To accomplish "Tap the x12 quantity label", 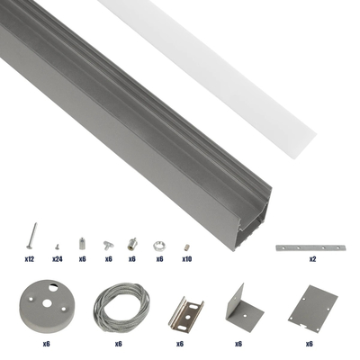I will [30, 258].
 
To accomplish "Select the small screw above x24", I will [57, 244].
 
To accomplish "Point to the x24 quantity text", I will [57, 258].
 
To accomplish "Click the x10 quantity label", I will [186, 258].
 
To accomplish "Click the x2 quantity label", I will [312, 258].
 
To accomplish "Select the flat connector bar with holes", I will [311, 246].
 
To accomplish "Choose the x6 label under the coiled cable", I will [118, 343].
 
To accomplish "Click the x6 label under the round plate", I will [44, 343].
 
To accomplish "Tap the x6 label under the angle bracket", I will [239, 343].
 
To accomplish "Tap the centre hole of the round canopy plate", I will [43, 301].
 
